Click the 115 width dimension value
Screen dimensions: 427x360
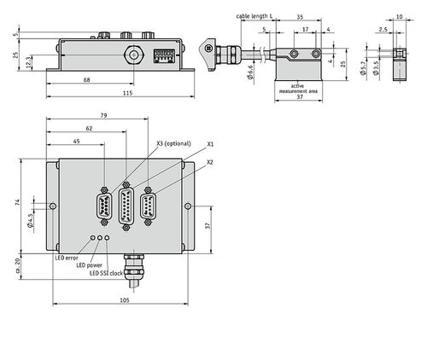(x=128, y=93)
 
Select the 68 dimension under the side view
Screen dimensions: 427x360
(x=87, y=80)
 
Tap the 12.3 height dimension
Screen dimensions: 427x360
(x=28, y=62)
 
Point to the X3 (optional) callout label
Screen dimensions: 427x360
(x=173, y=143)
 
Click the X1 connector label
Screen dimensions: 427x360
(x=210, y=144)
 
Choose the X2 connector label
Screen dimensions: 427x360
(x=210, y=162)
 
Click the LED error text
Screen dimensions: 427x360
(x=67, y=258)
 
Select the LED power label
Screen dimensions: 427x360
(x=89, y=265)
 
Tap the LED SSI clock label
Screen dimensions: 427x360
(x=106, y=273)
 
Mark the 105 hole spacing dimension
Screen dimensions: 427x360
(x=125, y=300)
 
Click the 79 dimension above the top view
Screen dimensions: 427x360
(x=104, y=115)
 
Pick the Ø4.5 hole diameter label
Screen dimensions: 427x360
(x=31, y=220)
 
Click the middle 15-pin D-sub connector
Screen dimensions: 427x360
(x=126, y=206)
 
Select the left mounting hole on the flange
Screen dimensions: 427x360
(x=53, y=206)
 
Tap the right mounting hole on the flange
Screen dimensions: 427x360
(x=188, y=206)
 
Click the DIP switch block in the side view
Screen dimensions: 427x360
(x=164, y=55)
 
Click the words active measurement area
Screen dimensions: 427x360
(x=298, y=89)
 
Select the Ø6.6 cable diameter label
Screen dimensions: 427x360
(x=250, y=73)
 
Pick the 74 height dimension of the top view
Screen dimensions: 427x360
(x=18, y=203)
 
